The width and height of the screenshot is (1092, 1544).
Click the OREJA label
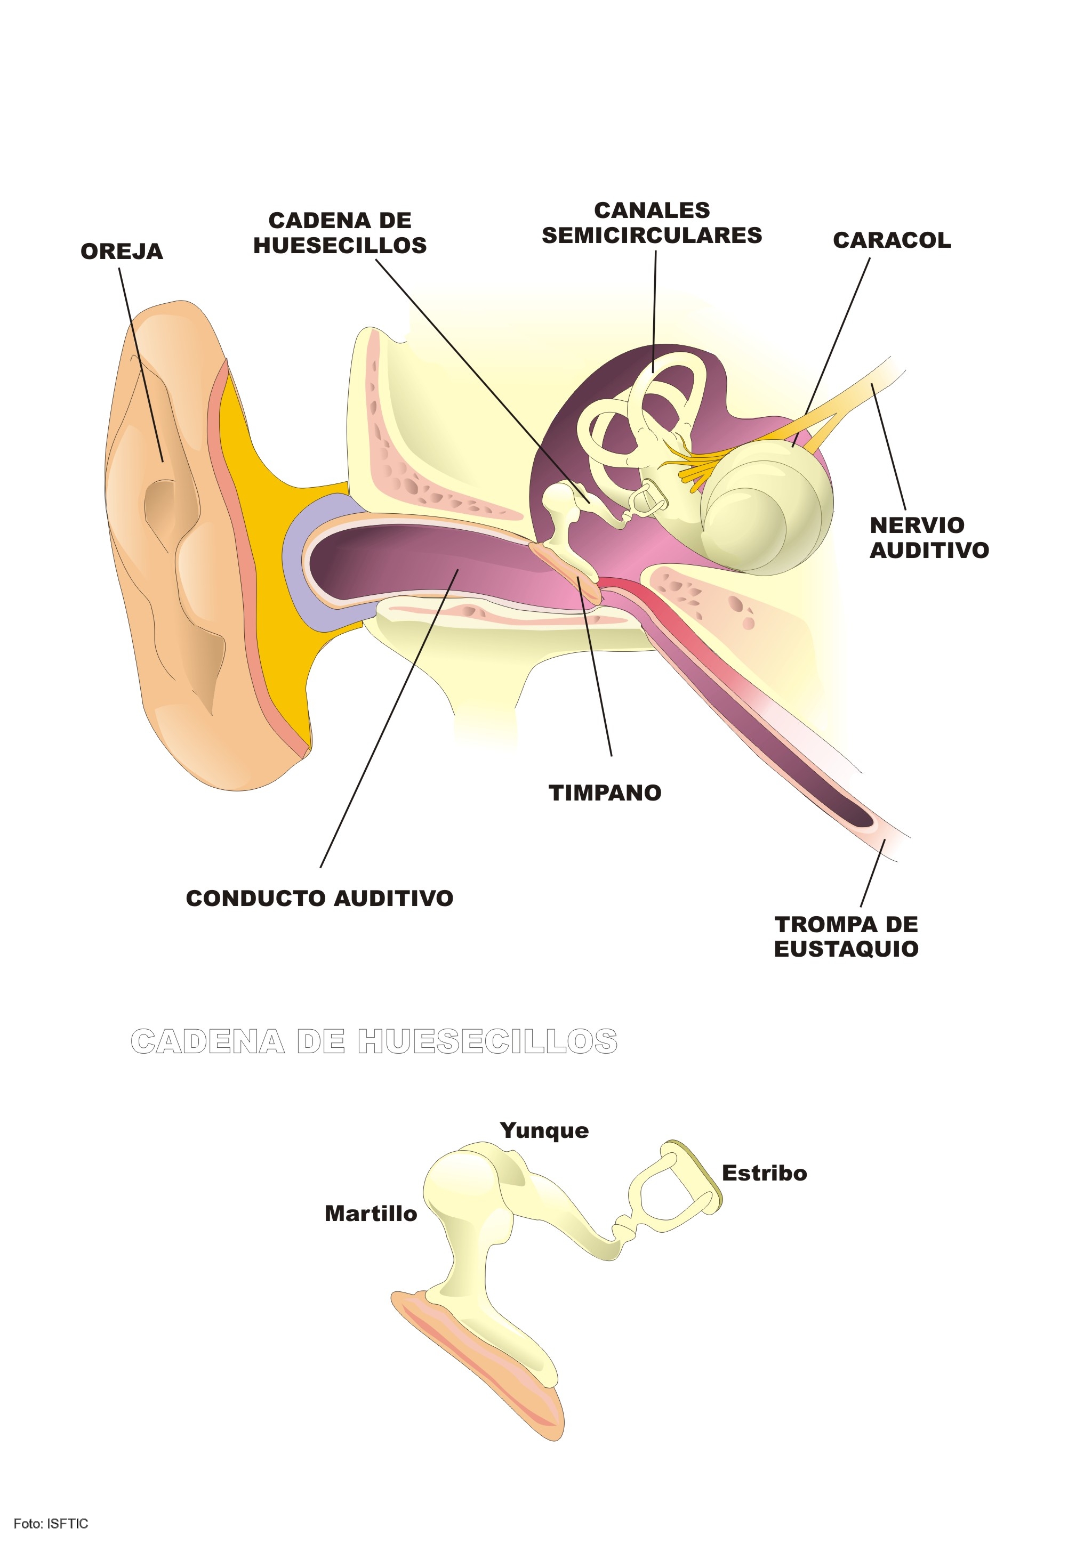coord(122,252)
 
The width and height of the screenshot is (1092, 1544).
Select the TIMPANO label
coord(605,793)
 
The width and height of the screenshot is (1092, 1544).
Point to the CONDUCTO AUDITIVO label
coord(319,899)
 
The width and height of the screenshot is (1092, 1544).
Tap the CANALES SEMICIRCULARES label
coord(652,223)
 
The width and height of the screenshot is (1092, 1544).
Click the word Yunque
coord(544,1130)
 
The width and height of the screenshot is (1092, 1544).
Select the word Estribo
coord(764,1174)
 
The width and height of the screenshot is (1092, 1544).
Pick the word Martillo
coord(371,1214)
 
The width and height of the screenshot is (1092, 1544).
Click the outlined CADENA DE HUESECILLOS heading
coord(374,1041)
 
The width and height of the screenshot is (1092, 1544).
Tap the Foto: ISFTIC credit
coord(51,1524)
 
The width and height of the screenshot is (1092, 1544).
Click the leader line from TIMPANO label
coord(596,666)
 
